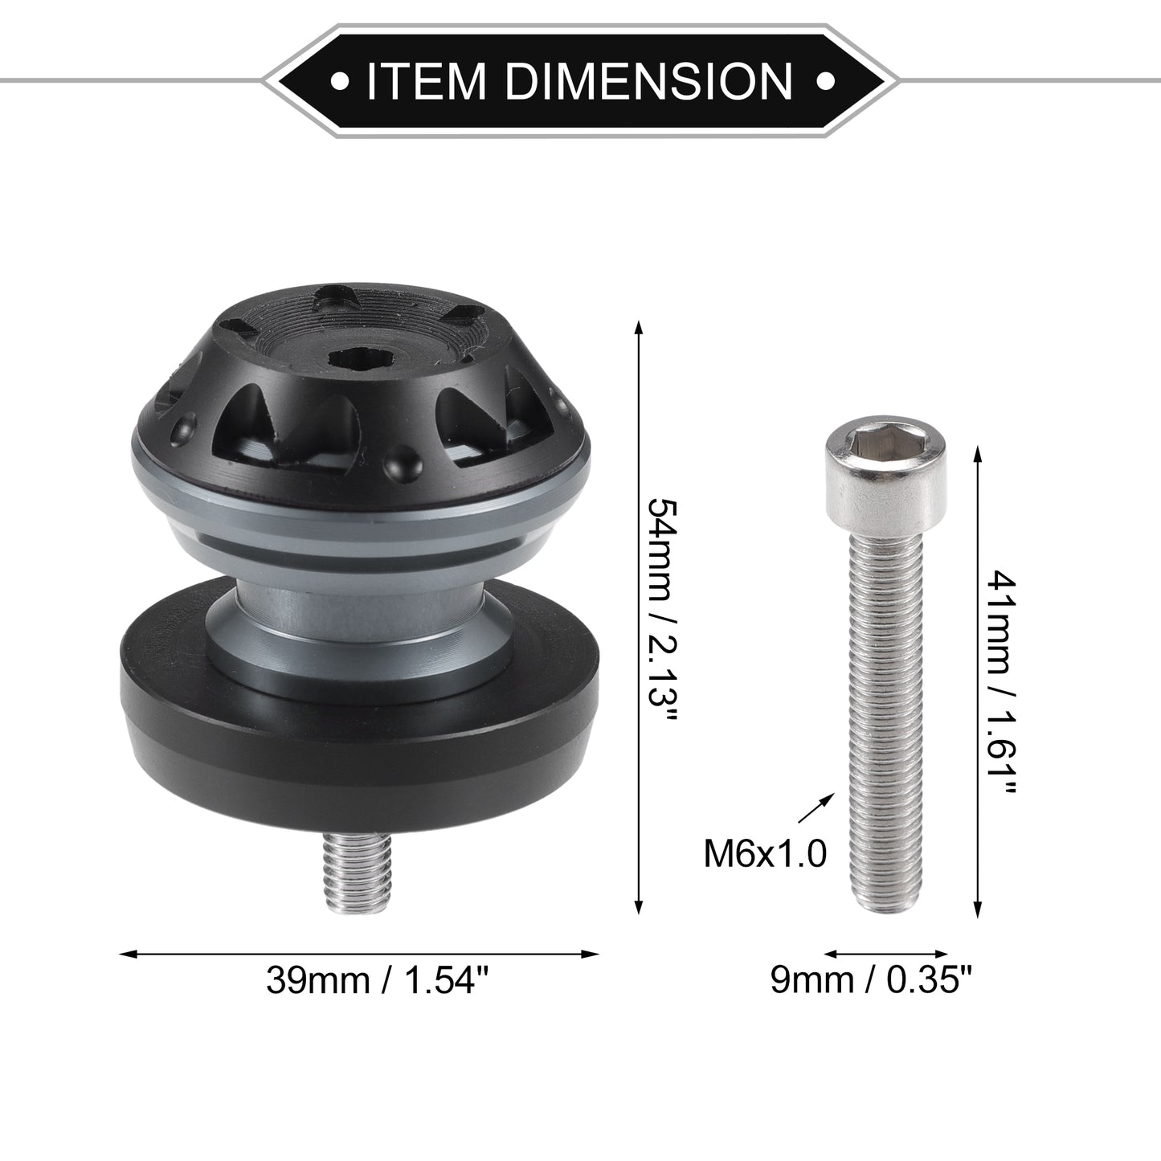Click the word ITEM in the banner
coord(425,80)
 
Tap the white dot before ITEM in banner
coord(340,80)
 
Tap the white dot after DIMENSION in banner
coord(824,80)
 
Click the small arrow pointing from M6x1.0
coord(816,808)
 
